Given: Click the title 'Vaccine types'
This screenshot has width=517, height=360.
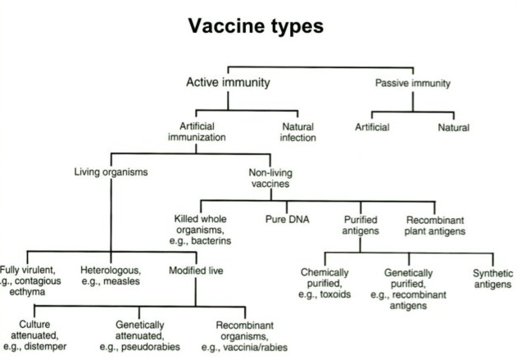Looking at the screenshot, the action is point(256,26).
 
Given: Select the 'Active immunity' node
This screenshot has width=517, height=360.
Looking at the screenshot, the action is point(228,83).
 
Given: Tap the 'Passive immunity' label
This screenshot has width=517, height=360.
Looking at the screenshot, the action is point(413,83).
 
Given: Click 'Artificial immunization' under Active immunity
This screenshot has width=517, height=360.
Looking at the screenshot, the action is point(207,132).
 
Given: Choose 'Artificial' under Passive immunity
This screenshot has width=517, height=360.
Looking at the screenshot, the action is point(372,127).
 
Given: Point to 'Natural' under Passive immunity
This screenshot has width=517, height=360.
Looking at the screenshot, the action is point(453,127).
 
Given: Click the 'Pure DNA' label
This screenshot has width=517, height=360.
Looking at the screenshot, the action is point(284,219).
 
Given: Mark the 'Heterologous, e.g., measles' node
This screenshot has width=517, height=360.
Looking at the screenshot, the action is point(112,276).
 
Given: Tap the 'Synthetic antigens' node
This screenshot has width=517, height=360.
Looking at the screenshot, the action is point(492,278).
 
